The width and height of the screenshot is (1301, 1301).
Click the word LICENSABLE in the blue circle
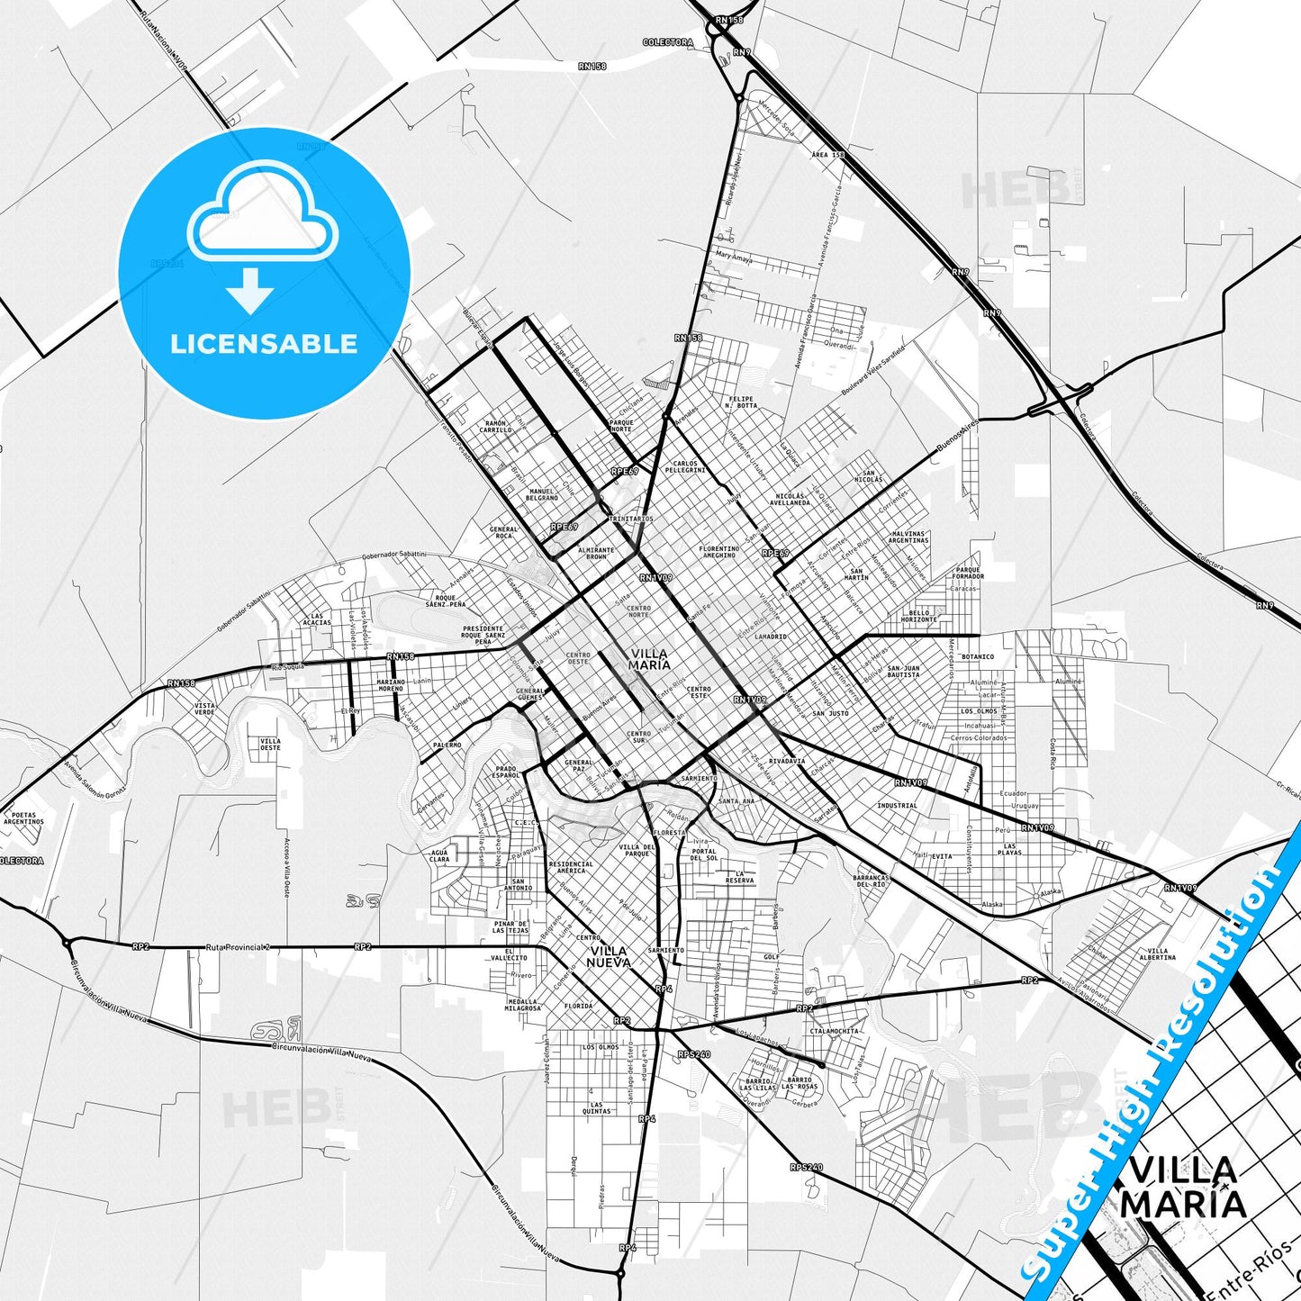tap(264, 344)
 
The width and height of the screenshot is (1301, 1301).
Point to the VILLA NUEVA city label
tap(609, 957)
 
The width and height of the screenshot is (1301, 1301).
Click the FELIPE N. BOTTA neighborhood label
tap(741, 402)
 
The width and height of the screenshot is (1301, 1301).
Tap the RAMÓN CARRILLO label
tap(495, 427)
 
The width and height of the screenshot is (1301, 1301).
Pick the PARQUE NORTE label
tap(621, 426)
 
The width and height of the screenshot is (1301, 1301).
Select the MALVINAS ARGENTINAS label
tap(908, 537)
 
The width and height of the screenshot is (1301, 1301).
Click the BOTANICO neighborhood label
tap(978, 656)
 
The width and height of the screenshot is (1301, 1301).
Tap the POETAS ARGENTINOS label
tap(23, 818)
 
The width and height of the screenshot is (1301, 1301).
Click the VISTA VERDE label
tap(204, 709)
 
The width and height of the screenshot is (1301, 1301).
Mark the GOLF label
tap(771, 957)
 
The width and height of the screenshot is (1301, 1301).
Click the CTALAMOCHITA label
tap(834, 1031)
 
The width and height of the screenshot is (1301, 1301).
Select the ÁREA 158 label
tap(827, 155)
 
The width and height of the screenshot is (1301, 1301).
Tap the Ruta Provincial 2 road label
tap(238, 947)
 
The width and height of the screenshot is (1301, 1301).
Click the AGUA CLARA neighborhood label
tap(439, 855)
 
